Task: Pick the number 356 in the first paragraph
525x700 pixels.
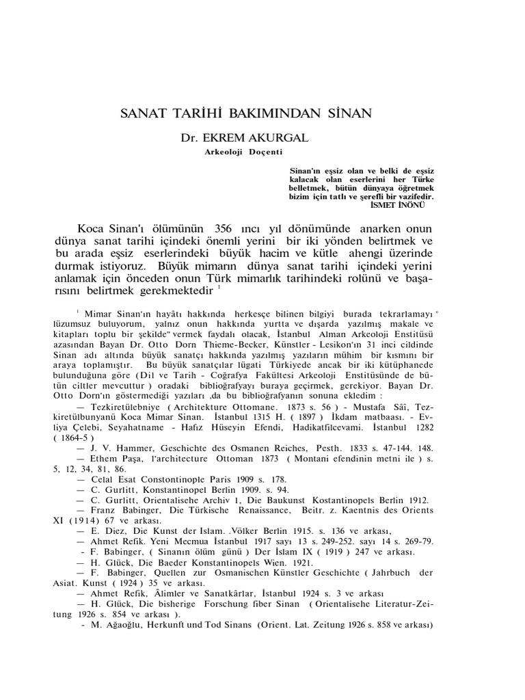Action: coord(228,228)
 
